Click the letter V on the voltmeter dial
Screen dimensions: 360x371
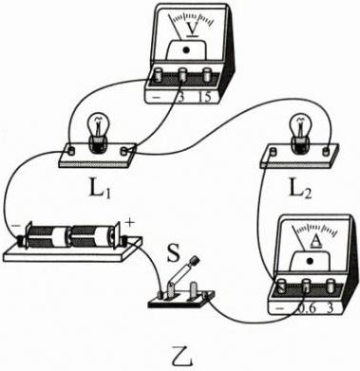pyautogui.click(x=192, y=28)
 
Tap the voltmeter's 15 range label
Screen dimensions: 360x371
pyautogui.click(x=204, y=97)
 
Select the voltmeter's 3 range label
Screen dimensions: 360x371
pyautogui.click(x=181, y=98)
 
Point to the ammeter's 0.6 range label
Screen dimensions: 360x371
pyautogui.click(x=307, y=308)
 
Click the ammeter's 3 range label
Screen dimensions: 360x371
pyautogui.click(x=330, y=308)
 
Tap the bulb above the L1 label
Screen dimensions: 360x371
pyautogui.click(x=98, y=133)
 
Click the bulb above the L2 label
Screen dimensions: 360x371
pyautogui.click(x=299, y=134)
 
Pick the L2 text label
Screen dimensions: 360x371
pyautogui.click(x=300, y=189)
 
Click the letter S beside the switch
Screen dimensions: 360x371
pyautogui.click(x=174, y=252)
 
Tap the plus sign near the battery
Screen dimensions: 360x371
pyautogui.click(x=130, y=222)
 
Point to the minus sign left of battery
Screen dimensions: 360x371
pyautogui.click(x=15, y=227)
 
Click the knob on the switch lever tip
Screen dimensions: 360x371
pyautogui.click(x=195, y=261)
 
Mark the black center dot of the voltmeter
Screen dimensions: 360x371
pyautogui.click(x=186, y=49)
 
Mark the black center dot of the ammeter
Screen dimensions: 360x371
pyautogui.click(x=310, y=261)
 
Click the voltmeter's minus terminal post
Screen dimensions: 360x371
pyautogui.click(x=158, y=76)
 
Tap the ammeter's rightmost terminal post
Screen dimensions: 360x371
pyautogui.click(x=331, y=285)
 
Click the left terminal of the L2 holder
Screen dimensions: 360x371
pyautogui.click(x=272, y=153)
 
